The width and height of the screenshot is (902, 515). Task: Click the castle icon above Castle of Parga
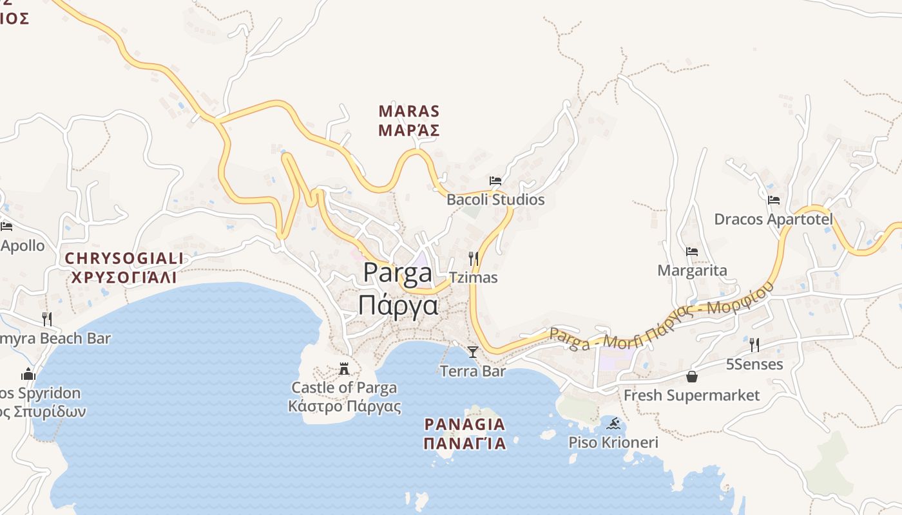(x=344, y=369)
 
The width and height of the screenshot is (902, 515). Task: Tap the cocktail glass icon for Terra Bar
(x=473, y=351)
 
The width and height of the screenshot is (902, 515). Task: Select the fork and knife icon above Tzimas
(x=473, y=259)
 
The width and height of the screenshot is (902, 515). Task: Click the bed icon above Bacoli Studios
(x=495, y=181)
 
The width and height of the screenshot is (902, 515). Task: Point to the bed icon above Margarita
(x=692, y=252)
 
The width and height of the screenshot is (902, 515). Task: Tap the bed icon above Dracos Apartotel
(x=774, y=200)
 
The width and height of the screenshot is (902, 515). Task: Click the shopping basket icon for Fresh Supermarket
(x=692, y=377)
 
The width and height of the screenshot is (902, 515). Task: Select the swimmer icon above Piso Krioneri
(x=613, y=424)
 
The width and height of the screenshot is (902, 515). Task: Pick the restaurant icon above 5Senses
(x=754, y=345)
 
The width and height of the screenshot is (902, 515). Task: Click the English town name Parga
(x=398, y=273)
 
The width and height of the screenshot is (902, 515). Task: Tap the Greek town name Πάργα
(x=398, y=304)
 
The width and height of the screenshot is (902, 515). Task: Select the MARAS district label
(x=409, y=111)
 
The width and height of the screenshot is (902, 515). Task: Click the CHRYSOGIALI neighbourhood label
(x=124, y=259)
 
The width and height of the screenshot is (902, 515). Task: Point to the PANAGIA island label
(x=465, y=425)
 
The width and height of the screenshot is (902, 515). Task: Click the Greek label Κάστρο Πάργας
(x=344, y=407)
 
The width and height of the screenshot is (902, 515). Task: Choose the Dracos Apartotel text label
(x=773, y=220)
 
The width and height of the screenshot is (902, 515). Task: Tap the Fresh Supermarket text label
(x=691, y=395)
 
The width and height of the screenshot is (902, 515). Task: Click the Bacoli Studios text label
(x=495, y=200)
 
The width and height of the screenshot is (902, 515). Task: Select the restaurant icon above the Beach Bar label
(x=46, y=319)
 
